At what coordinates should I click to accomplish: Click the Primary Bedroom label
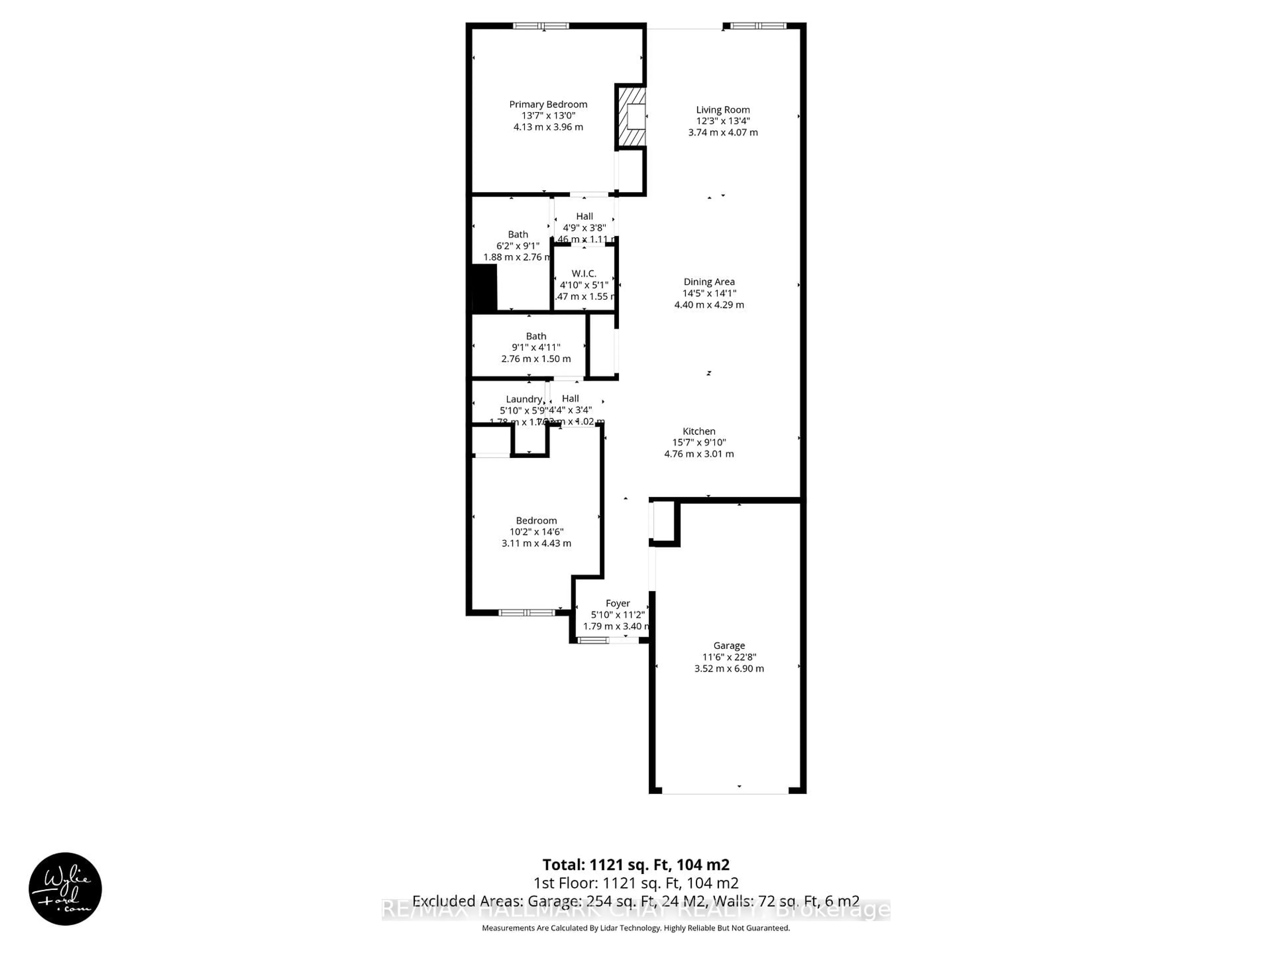pos(548,104)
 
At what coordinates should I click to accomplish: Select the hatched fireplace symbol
pos(631,117)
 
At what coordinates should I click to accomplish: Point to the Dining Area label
pos(709,282)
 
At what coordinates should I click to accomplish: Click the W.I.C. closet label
pos(584,274)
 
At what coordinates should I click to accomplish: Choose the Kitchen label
pos(699,431)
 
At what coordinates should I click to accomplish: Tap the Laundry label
pos(524,399)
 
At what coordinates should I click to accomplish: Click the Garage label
pos(728,646)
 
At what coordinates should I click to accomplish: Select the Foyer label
pos(617,603)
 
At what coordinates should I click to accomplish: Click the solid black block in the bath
pos(484,288)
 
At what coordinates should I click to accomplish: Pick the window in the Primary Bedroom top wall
pos(541,26)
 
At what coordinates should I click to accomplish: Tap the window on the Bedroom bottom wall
pos(526,612)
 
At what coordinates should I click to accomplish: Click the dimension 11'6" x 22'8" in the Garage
pos(728,657)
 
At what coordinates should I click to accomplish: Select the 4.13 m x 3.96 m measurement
pos(548,127)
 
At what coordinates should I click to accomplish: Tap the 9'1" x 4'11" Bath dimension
pos(536,347)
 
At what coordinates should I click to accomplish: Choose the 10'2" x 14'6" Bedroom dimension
pos(536,532)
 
